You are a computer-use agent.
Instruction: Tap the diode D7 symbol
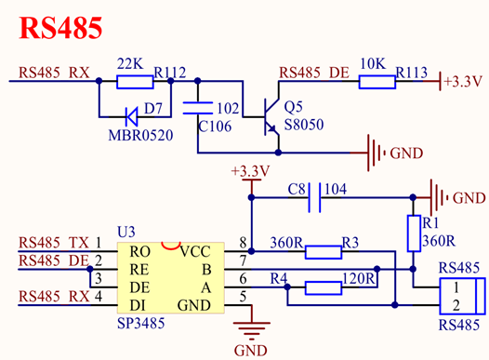coord(131,116)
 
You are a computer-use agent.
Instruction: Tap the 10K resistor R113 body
coord(377,81)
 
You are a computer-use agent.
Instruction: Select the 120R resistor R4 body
coord(324,287)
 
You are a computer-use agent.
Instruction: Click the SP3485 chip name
coord(142,326)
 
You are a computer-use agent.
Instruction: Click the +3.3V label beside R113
coord(462,82)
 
